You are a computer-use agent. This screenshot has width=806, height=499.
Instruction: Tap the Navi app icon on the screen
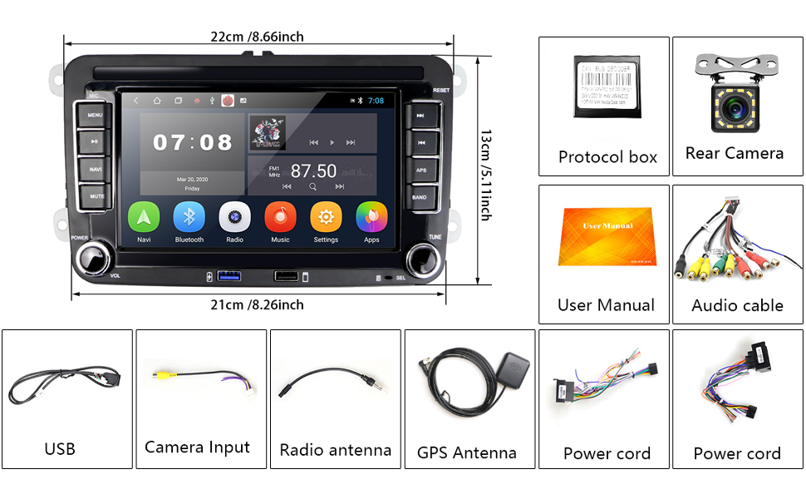(144, 219)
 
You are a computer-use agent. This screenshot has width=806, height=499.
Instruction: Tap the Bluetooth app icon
(189, 219)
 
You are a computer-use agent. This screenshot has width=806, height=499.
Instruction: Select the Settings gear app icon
(326, 219)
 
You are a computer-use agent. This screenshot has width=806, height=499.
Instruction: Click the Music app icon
(280, 219)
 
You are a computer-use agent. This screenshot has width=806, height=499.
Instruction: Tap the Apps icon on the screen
(371, 219)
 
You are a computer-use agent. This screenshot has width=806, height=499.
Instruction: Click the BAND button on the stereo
(420, 197)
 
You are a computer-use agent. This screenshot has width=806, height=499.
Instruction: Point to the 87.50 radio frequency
(313, 170)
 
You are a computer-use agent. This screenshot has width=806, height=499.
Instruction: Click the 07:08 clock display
(193, 142)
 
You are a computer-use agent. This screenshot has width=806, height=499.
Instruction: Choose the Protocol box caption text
(607, 157)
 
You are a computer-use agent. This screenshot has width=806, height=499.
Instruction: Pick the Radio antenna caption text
(335, 450)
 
